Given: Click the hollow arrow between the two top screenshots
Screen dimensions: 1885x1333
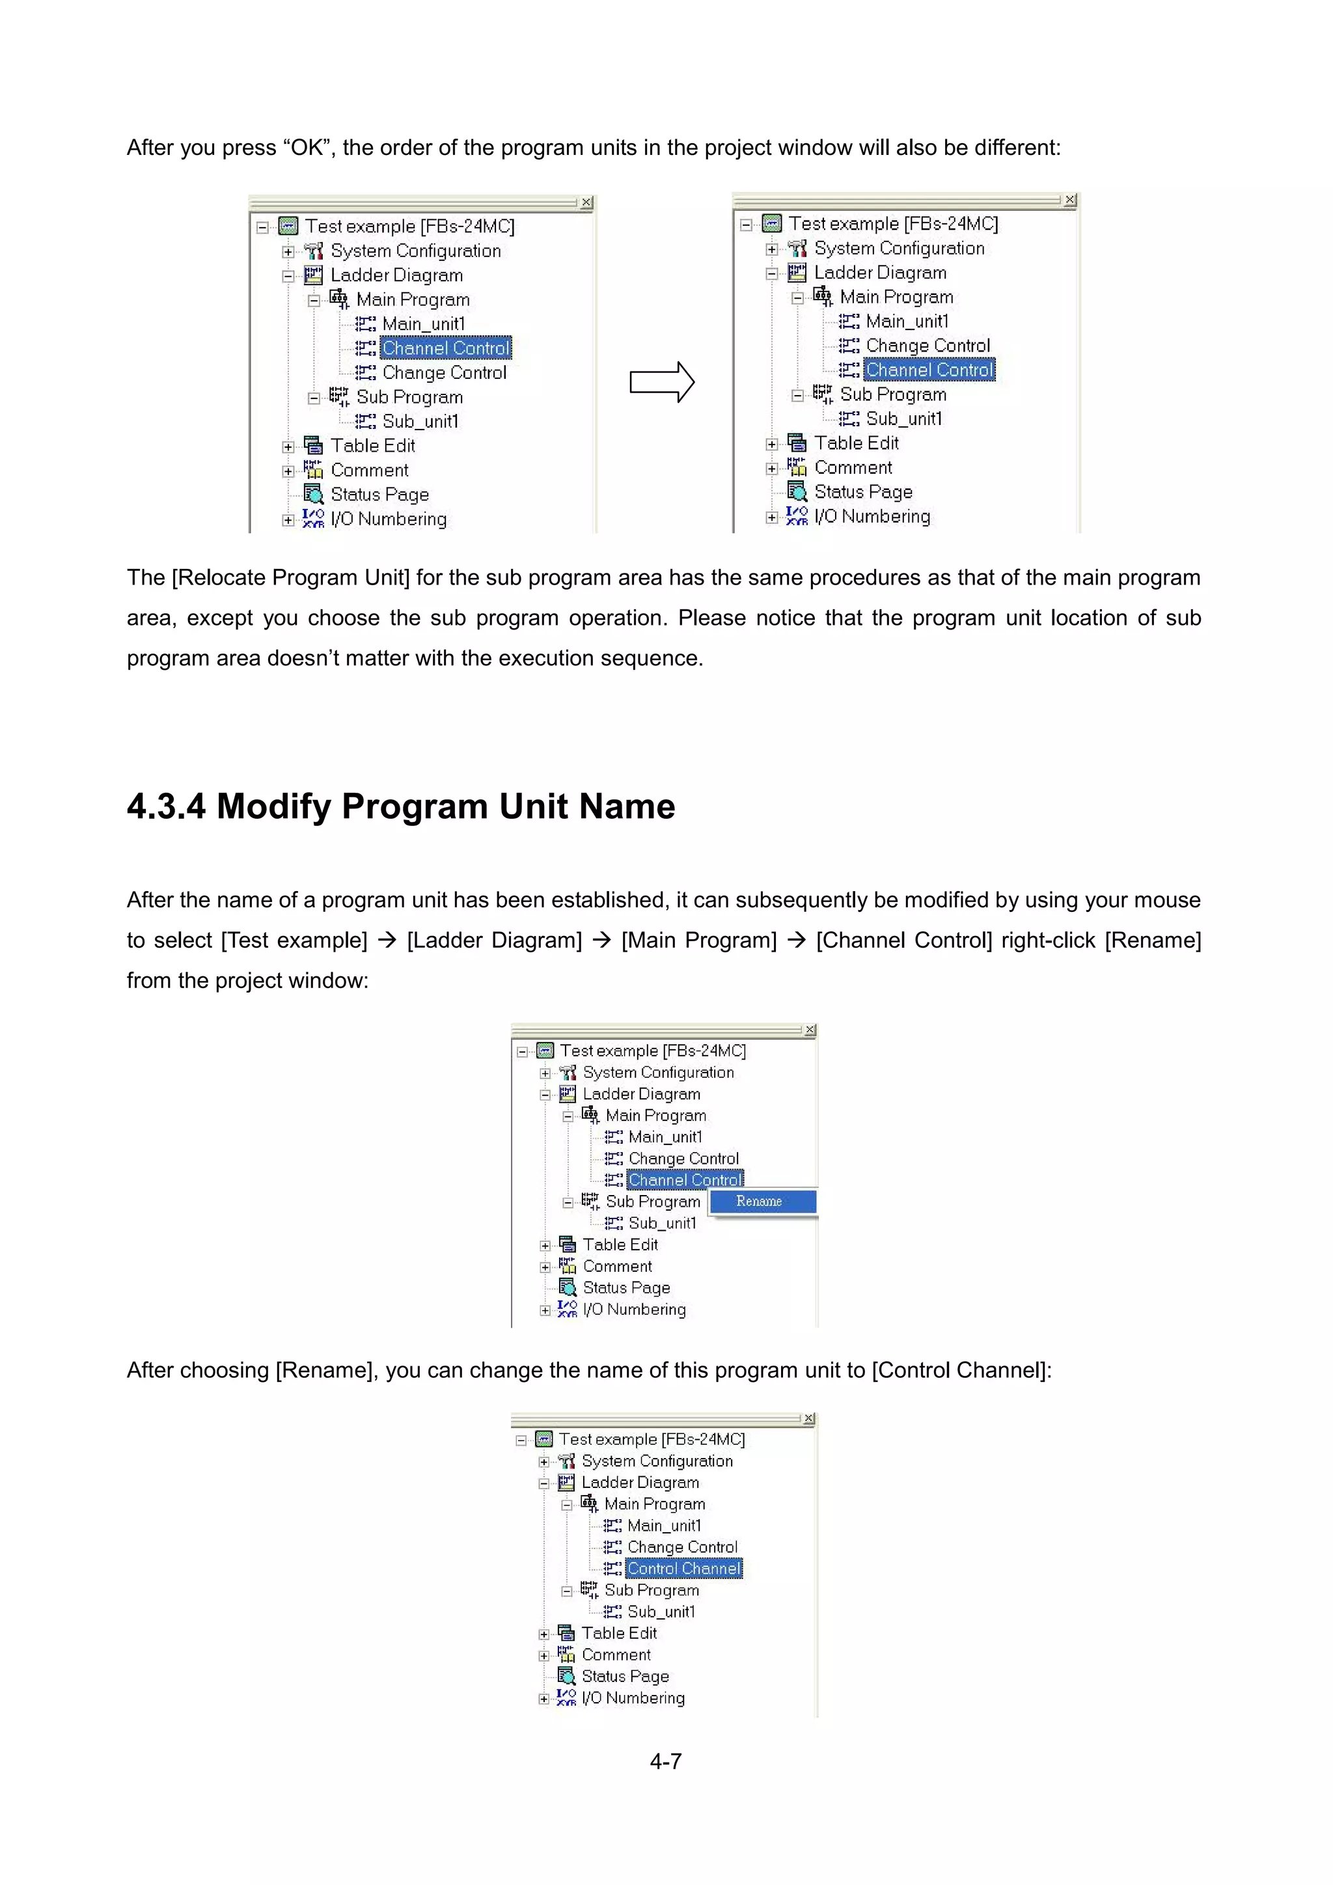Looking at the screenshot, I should pyautogui.click(x=661, y=383).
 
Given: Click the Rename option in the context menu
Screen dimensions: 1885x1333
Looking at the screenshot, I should pyautogui.click(x=760, y=1201).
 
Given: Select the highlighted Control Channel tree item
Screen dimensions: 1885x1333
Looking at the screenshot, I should pyautogui.click(x=683, y=1568).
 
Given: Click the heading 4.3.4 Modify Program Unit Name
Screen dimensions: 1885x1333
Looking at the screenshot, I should pyautogui.click(x=400, y=806).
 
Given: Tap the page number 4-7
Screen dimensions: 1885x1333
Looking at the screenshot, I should pyautogui.click(x=666, y=1761).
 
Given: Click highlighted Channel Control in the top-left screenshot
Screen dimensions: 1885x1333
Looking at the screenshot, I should pyautogui.click(x=446, y=348).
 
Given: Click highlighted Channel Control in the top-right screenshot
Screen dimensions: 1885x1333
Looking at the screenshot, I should pyautogui.click(x=929, y=370).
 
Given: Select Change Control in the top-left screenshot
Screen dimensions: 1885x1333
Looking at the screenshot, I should pyautogui.click(x=444, y=373).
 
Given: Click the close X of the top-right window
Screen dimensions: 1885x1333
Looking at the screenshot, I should pyautogui.click(x=1069, y=200).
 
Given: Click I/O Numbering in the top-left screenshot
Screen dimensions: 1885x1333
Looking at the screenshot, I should pyautogui.click(x=388, y=519).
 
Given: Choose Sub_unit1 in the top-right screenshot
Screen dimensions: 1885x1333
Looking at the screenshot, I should pyautogui.click(x=903, y=419).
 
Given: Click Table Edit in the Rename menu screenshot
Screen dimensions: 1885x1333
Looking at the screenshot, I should pyautogui.click(x=620, y=1245).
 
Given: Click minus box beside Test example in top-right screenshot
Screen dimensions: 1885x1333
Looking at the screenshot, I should pyautogui.click(x=745, y=224).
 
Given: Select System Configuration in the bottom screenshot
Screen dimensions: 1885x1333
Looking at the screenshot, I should pyautogui.click(x=657, y=1461).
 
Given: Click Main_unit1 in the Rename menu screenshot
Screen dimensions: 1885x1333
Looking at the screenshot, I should pyautogui.click(x=665, y=1137).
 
